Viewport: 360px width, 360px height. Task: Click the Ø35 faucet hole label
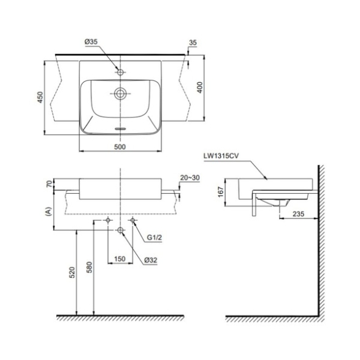tap(91, 42)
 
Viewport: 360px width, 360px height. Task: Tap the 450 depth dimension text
tap(40, 98)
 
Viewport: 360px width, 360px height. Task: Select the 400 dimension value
tap(200, 87)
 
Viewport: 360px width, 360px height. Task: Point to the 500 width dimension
tap(120, 147)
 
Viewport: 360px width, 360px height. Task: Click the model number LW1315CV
tap(221, 156)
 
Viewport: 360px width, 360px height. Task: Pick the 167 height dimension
tap(220, 192)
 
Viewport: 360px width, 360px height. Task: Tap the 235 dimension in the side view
tap(298, 214)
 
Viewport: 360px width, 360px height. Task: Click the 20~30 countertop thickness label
tap(190, 178)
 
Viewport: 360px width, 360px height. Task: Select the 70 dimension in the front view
tap(49, 184)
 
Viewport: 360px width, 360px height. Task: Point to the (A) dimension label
tap(48, 211)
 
